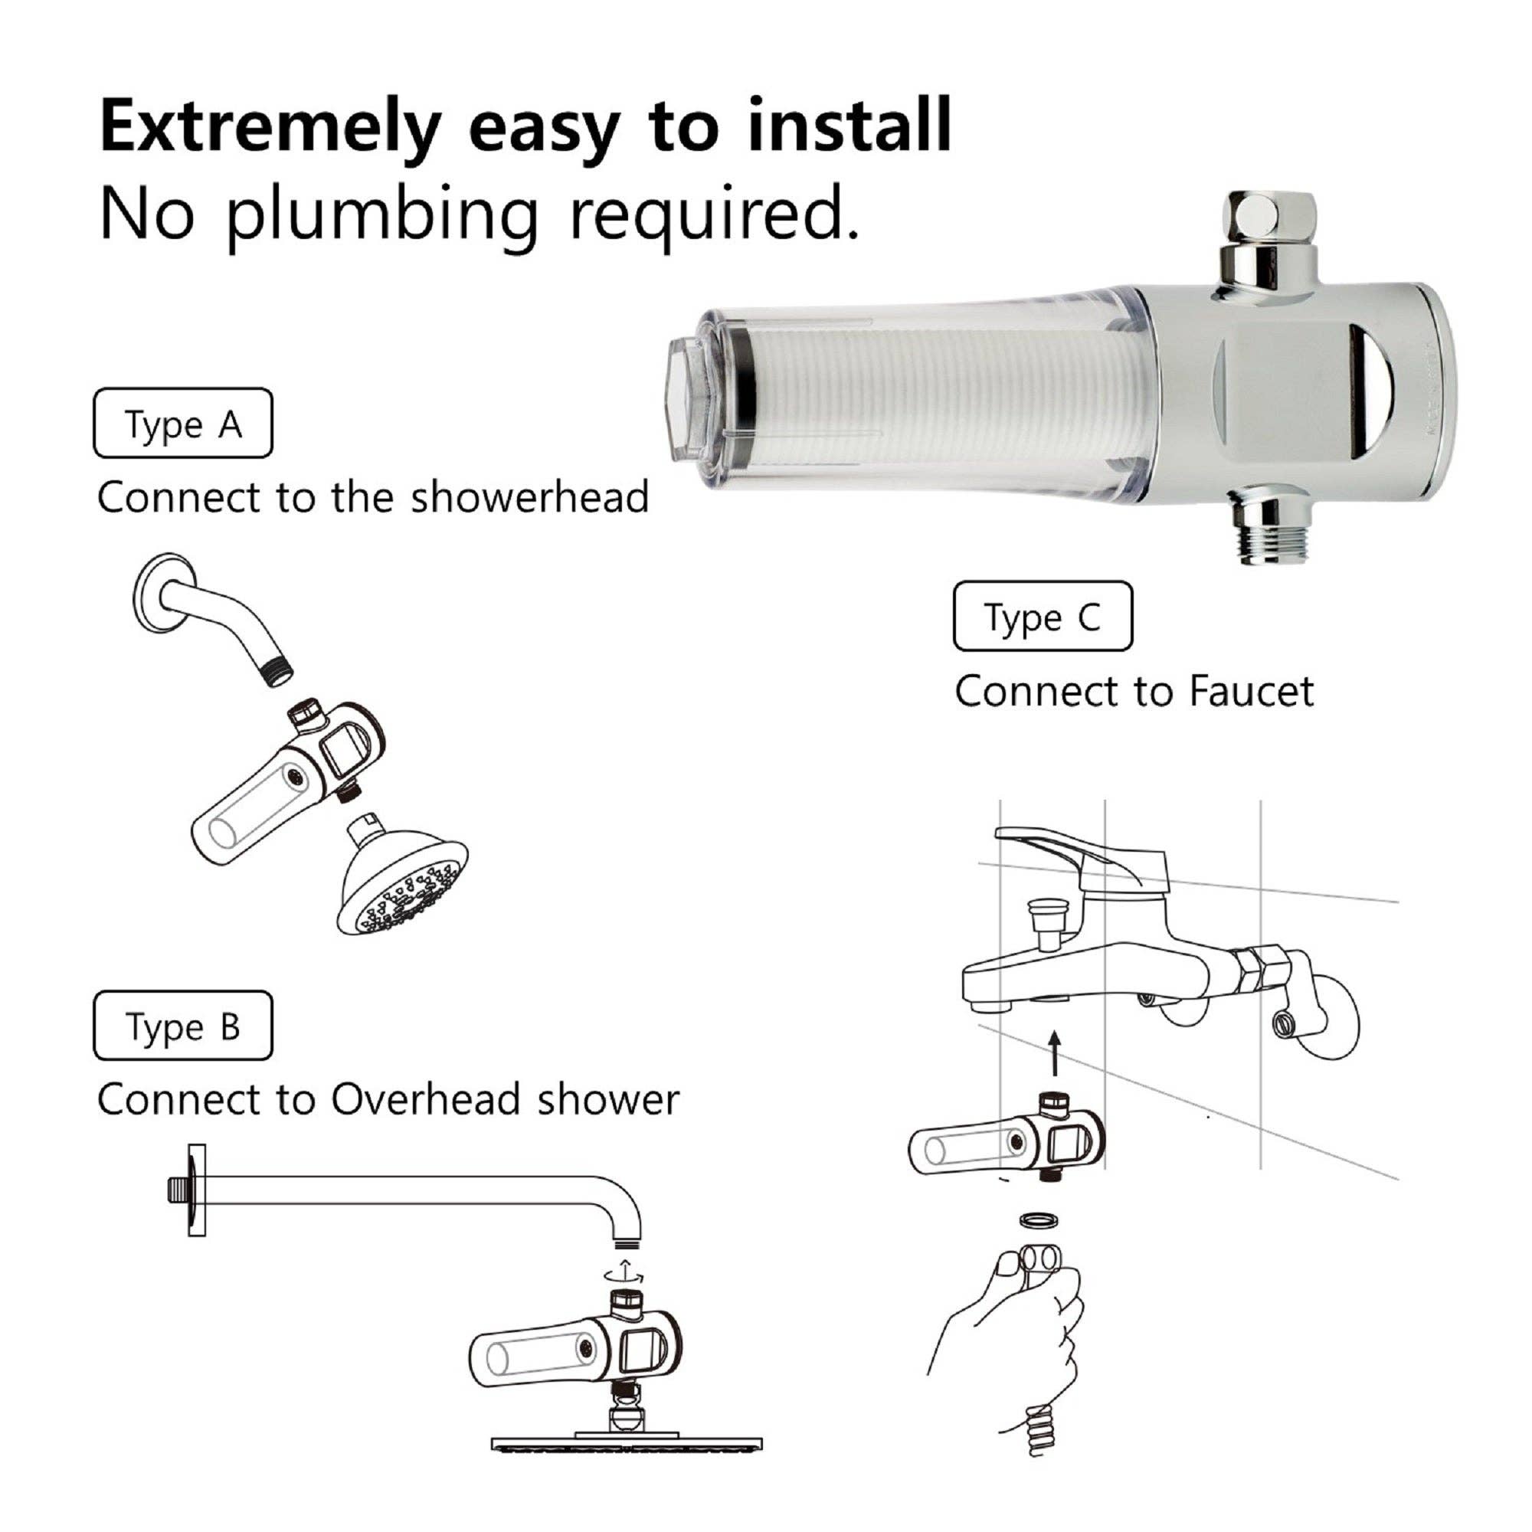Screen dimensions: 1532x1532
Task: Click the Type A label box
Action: click(x=183, y=424)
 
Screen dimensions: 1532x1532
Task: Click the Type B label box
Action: click(x=183, y=1026)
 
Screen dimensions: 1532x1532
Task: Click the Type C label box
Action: click(x=1043, y=616)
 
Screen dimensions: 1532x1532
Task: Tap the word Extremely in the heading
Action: click(x=270, y=127)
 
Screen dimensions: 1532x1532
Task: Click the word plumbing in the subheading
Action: click(x=381, y=214)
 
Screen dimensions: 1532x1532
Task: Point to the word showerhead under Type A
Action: click(x=530, y=497)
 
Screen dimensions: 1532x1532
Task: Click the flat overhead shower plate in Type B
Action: click(x=627, y=1443)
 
